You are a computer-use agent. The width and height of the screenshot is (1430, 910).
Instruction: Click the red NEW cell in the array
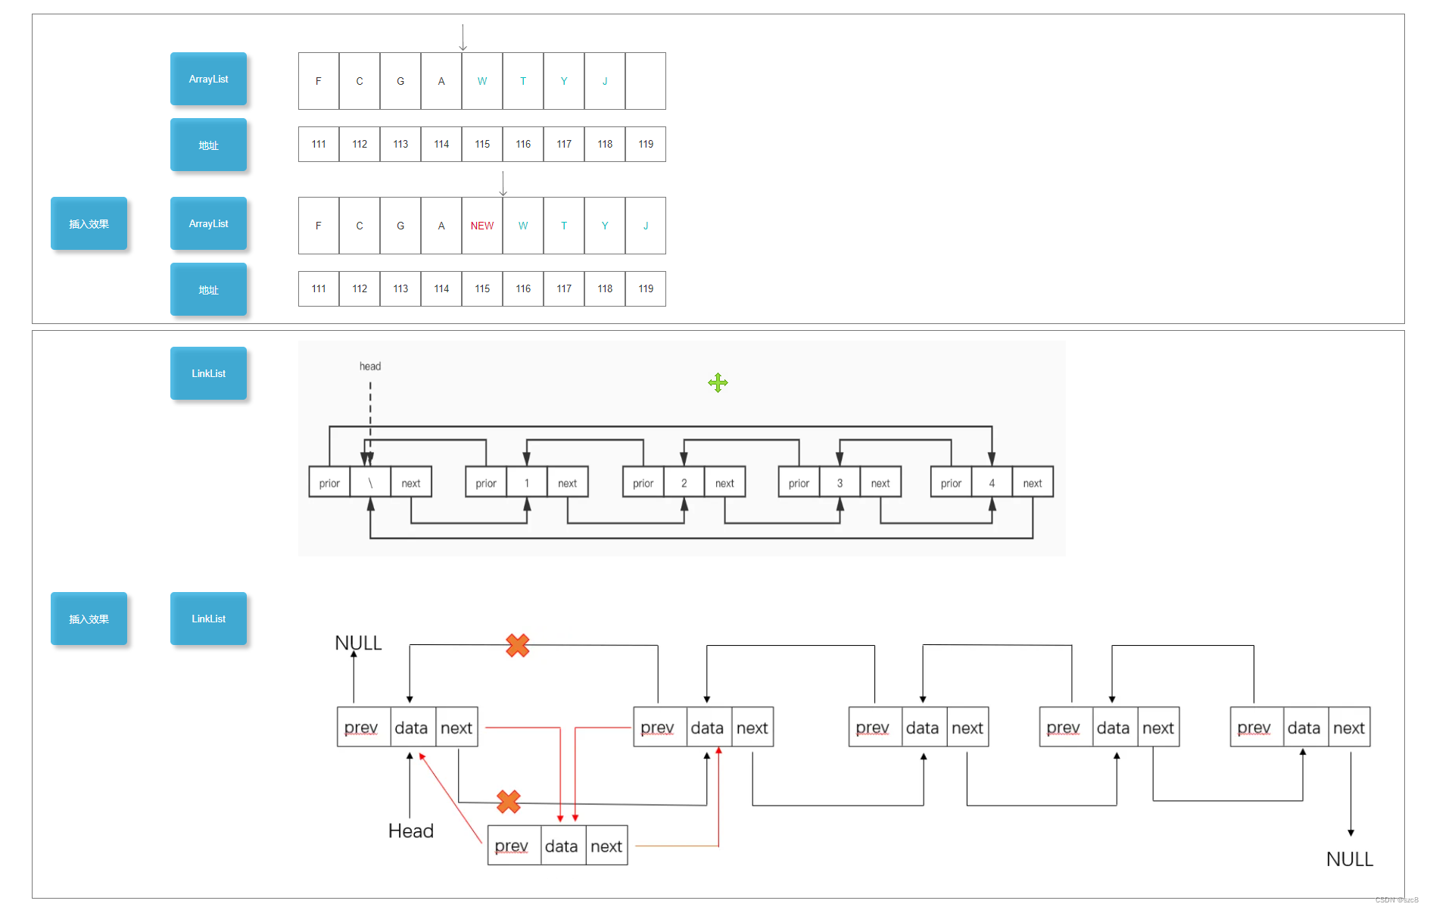pos(481,226)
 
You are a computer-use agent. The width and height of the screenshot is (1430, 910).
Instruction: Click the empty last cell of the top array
pos(645,81)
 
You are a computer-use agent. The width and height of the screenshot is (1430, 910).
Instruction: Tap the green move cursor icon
pos(718,383)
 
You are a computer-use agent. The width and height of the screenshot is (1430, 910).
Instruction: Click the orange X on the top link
pos(517,645)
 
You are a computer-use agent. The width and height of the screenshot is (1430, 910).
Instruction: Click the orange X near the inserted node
pos(508,801)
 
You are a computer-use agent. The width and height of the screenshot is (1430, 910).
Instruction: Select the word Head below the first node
pos(410,831)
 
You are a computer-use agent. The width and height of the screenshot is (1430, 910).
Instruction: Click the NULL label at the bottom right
pos(1349,859)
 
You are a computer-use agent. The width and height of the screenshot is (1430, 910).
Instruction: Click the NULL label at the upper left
pos(358,643)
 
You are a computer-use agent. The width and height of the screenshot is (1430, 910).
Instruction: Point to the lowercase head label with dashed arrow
pos(369,366)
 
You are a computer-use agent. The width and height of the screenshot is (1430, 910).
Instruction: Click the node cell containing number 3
pos(840,483)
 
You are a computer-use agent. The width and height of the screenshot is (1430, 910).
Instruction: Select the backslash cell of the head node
pos(370,483)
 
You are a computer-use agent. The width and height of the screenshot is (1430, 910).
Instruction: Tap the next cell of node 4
pos(1032,483)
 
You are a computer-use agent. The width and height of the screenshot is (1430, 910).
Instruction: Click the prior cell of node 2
pos(643,483)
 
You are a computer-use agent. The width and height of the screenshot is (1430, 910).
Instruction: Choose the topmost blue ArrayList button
pos(208,79)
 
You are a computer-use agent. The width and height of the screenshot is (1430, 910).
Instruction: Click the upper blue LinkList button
pos(208,373)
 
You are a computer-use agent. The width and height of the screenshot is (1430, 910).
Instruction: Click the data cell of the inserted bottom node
pos(561,846)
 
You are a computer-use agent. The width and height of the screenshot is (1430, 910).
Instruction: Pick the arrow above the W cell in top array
pos(463,37)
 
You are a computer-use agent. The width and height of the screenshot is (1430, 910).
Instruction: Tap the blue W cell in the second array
pos(522,226)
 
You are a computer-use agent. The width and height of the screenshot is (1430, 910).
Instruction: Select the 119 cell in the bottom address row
pos(645,288)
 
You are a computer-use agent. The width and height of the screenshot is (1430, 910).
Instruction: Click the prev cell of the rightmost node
pos(1254,728)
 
